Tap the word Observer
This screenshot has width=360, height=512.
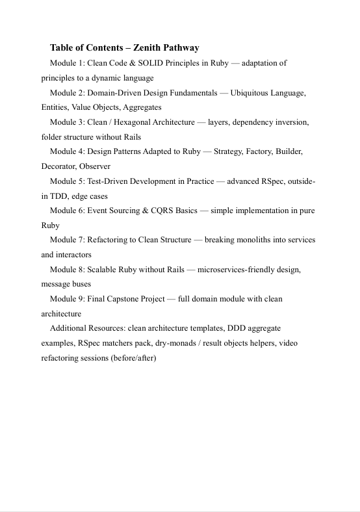97,166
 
